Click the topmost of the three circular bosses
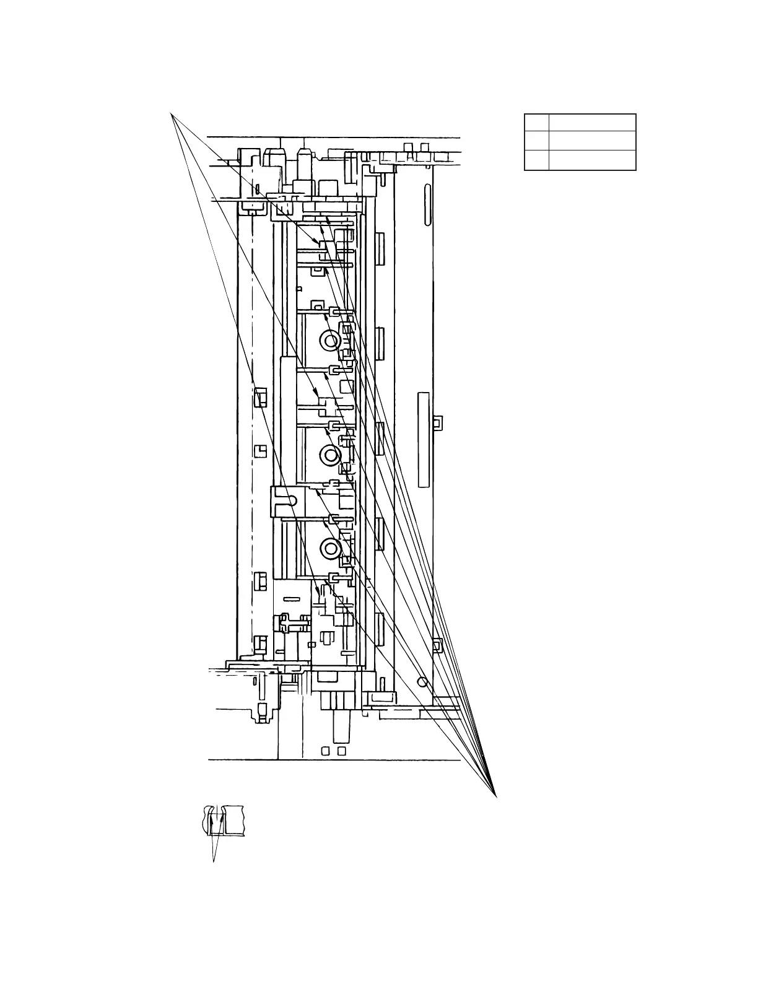[x=329, y=339]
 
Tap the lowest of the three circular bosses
[x=329, y=546]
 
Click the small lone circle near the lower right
[x=422, y=681]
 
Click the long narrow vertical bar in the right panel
[x=424, y=439]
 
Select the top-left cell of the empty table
[x=536, y=122]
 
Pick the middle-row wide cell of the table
[x=593, y=140]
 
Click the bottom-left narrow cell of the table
[x=536, y=160]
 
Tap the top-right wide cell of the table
[x=593, y=122]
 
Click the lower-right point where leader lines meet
[x=497, y=796]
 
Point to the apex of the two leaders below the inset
[x=214, y=861]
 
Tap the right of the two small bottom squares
[x=341, y=751]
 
